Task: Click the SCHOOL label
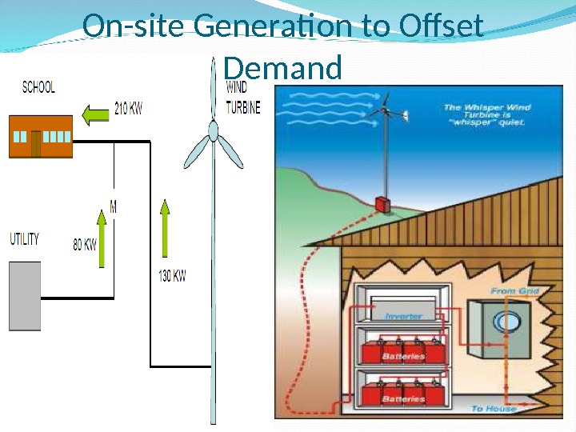pos(38,87)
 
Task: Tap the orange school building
pos(41,136)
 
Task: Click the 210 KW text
pos(129,109)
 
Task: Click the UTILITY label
pos(24,239)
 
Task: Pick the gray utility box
pos(25,296)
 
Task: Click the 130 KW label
pos(173,276)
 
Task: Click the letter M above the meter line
pos(114,207)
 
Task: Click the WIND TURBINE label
pos(243,98)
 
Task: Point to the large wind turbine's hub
pos(213,130)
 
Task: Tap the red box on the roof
pos(383,205)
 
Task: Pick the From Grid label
pos(514,291)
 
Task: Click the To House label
pos(494,409)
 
